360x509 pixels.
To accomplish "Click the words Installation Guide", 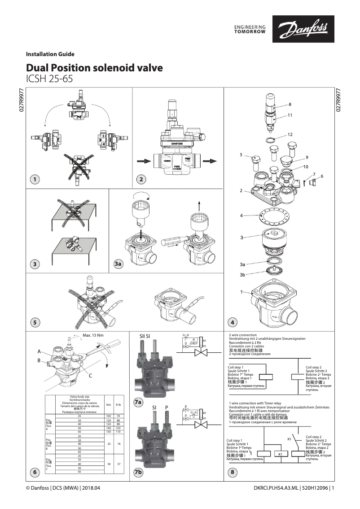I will (x=50, y=54).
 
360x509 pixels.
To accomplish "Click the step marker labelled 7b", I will (x=139, y=472).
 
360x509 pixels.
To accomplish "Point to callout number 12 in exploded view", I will (x=290, y=135).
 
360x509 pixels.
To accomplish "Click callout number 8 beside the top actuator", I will (x=290, y=104).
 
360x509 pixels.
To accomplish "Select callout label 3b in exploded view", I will (x=242, y=275).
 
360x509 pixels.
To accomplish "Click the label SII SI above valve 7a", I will (x=145, y=335).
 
